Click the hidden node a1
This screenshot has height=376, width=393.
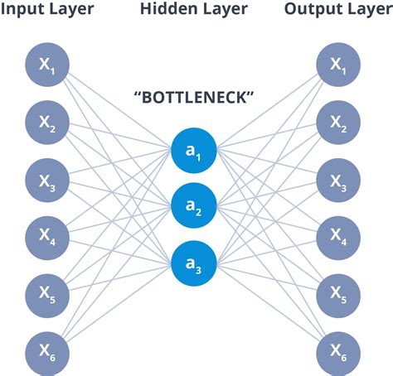194,151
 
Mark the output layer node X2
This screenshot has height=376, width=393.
339,123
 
